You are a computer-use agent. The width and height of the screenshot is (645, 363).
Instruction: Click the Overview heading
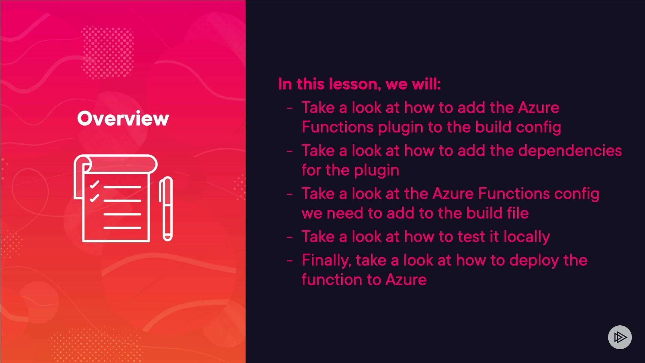pos(123,118)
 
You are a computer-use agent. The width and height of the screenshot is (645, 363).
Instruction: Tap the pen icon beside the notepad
pos(166,209)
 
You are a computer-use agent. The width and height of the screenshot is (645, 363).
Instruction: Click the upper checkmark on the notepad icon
pos(94,185)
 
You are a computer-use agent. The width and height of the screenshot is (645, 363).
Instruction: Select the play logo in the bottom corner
pos(620,337)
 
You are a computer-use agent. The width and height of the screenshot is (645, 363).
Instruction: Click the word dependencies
pos(570,151)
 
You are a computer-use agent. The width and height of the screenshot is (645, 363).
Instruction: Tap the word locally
pos(527,237)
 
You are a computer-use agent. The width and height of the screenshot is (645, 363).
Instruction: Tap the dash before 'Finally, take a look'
pos(290,260)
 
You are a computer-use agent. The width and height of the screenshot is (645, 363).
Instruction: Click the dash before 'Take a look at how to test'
pos(290,237)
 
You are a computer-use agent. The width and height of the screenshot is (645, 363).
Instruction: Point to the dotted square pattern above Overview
pos(107,52)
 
